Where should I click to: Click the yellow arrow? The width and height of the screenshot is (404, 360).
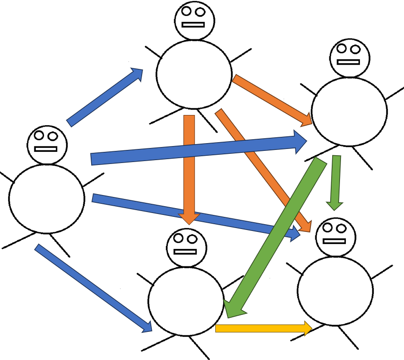[262, 328]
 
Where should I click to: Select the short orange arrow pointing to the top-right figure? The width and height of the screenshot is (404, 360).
[272, 99]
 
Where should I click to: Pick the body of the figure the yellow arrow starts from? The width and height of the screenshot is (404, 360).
[186, 301]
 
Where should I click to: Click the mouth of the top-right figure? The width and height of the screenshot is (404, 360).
[349, 62]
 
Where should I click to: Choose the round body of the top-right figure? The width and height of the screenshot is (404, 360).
[349, 112]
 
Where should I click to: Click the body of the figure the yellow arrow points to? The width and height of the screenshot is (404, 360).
[335, 291]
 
